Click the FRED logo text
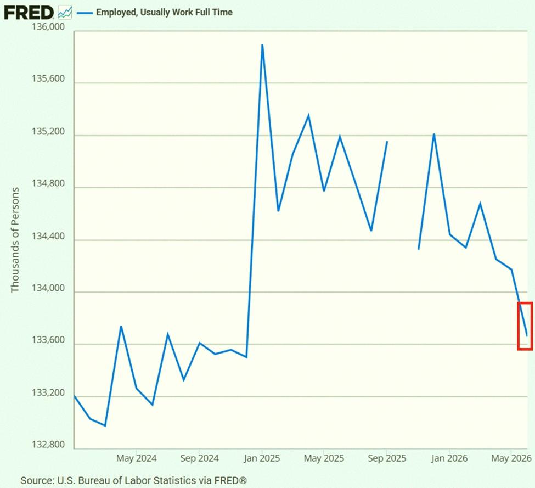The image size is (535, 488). [x=29, y=13]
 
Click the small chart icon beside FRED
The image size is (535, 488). [x=65, y=13]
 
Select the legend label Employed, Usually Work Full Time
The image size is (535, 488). [x=164, y=12]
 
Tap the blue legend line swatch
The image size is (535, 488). [x=85, y=13]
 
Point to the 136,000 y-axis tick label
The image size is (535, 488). [x=48, y=26]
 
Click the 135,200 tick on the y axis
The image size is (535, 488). [x=48, y=131]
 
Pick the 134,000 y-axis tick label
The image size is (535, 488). [x=48, y=288]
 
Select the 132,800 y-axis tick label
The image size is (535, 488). [x=48, y=444]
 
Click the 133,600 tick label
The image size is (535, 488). [x=48, y=340]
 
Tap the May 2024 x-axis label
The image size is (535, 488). [x=136, y=458]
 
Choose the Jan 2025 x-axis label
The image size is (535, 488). [x=262, y=458]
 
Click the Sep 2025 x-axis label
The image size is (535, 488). [x=387, y=458]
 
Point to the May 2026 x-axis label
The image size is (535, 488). [x=511, y=458]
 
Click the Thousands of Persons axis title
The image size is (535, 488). [x=15, y=240]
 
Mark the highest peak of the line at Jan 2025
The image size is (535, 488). [x=262, y=44]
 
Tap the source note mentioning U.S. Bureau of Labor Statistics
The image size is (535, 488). [x=133, y=480]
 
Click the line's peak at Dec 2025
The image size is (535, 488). [x=434, y=134]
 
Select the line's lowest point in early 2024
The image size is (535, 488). [x=105, y=425]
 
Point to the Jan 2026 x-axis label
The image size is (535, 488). [x=449, y=458]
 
